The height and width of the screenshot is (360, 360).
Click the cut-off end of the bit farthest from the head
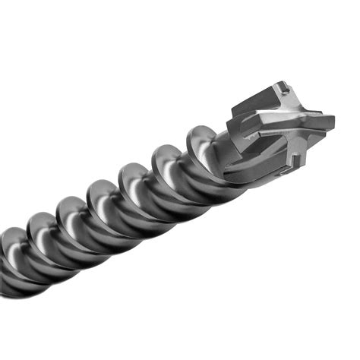pyautogui.click(x=9, y=266)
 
